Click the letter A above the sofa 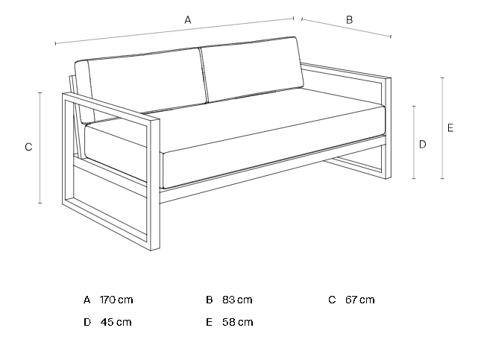[x=188, y=20]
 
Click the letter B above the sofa [x=349, y=20]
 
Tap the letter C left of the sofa [x=28, y=147]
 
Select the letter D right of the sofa [x=422, y=144]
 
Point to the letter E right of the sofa [x=450, y=128]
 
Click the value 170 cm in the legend [x=116, y=300]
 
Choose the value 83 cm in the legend [x=237, y=300]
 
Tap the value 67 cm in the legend [x=360, y=300]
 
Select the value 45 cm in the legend [x=116, y=322]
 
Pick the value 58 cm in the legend [x=238, y=322]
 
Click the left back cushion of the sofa [x=144, y=82]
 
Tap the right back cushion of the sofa [x=252, y=69]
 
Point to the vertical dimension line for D [x=414, y=142]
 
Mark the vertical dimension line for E [x=442, y=128]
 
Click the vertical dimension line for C [x=40, y=148]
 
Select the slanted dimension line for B [x=346, y=28]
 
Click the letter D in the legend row [x=87, y=322]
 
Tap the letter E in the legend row [x=210, y=322]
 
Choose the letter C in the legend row [x=332, y=300]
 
